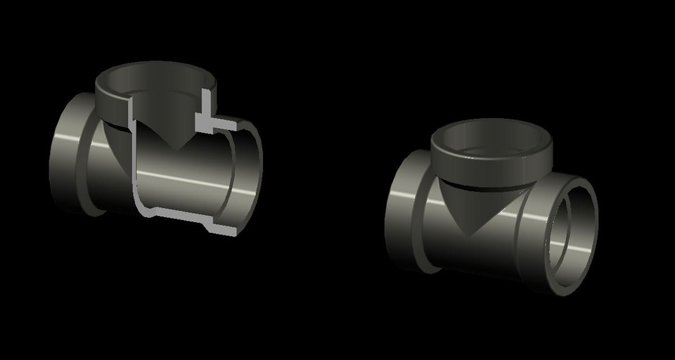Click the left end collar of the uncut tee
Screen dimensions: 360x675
click(404, 211)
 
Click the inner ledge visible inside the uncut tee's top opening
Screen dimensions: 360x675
click(492, 149)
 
